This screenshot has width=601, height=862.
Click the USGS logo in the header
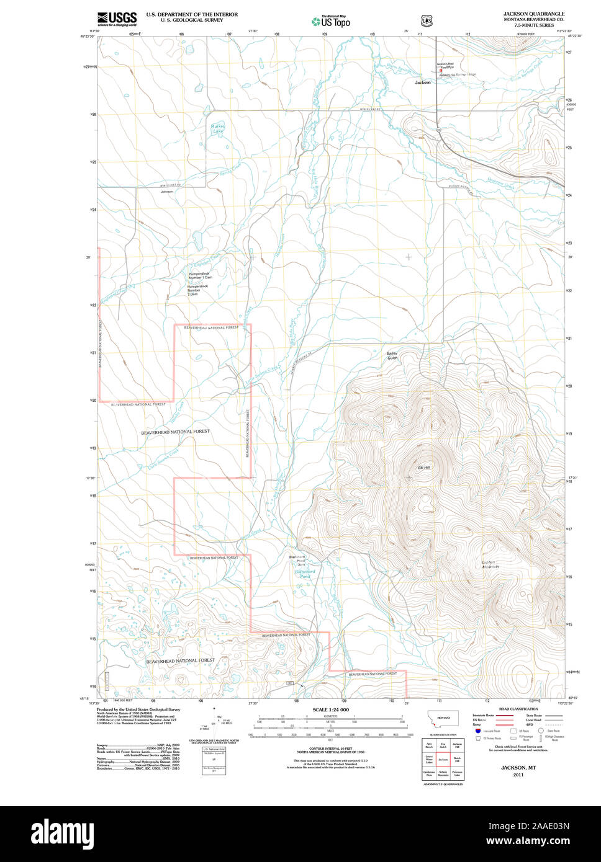pos(117,19)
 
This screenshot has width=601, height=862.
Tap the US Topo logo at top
pos(331,22)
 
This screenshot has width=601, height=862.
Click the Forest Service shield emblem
pos(427,20)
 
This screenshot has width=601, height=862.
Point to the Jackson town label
pos(423,82)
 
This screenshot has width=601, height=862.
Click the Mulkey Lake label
pos(218,129)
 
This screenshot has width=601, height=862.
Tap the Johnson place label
pos(166,192)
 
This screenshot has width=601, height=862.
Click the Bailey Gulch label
pos(392,355)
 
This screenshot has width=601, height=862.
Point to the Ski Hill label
pos(424,467)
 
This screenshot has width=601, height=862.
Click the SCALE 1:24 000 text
pos(330,709)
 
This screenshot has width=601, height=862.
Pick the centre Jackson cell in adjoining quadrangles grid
pos(443,759)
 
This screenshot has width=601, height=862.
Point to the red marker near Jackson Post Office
pos(441,71)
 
